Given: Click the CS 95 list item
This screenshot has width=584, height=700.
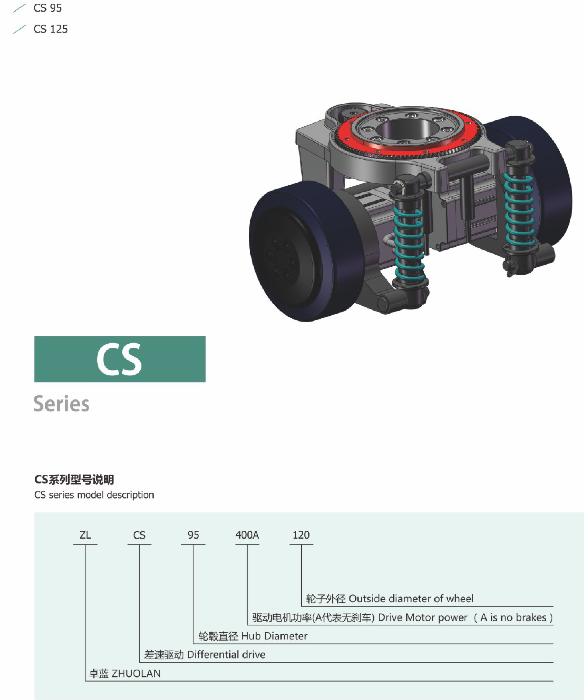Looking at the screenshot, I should click(x=47, y=8).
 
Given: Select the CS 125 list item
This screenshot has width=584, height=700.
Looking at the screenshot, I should click(x=50, y=29).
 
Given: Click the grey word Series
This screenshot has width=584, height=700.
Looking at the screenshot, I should click(x=61, y=404).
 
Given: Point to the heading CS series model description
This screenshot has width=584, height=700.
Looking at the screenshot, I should click(x=94, y=495).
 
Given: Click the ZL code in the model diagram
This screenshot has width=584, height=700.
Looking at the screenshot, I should click(x=85, y=535).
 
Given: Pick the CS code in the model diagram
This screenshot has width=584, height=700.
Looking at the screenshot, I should click(x=139, y=535).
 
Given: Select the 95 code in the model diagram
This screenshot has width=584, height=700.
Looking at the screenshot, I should click(x=193, y=535).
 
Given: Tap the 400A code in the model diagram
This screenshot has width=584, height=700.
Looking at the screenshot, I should click(x=247, y=535).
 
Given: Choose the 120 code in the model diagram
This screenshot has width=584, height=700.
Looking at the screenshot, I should click(x=301, y=535).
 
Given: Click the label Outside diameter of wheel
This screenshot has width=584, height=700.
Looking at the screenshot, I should click(x=411, y=599).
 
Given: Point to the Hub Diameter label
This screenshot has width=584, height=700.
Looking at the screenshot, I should click(x=274, y=636).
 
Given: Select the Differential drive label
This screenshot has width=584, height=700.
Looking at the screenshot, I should click(x=226, y=655).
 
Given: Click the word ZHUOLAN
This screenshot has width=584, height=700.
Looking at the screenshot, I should click(x=136, y=673).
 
